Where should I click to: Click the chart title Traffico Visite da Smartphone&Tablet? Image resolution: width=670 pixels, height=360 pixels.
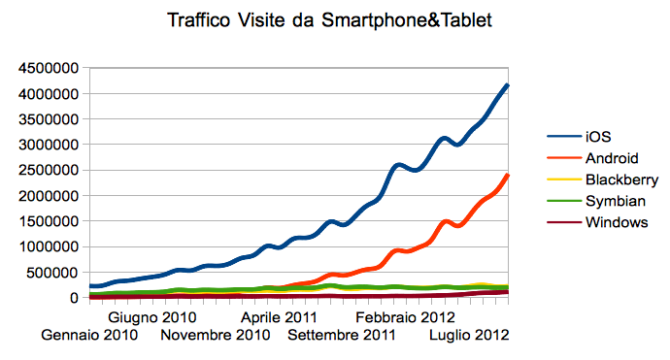tap(335, 19)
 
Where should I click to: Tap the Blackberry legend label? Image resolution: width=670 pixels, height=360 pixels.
tap(622, 180)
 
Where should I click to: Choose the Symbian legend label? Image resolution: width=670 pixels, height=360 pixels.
tap(615, 201)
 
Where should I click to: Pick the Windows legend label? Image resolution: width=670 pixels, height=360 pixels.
tap(617, 222)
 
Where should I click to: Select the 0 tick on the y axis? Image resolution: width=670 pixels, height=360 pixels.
tap(74, 298)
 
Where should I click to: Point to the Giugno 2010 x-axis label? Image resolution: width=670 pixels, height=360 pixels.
tap(152, 317)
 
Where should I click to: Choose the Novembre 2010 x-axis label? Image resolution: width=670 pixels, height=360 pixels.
tap(215, 336)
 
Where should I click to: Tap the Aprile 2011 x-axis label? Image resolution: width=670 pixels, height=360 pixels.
tap(279, 317)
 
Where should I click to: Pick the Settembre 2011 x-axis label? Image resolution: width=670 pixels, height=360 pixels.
tap(342, 336)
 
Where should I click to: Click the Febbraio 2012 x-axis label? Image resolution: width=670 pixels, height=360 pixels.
tap(405, 317)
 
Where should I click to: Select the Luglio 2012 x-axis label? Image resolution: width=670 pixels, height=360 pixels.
tap(469, 336)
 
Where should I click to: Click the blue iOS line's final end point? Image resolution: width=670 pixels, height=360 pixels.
tap(509, 85)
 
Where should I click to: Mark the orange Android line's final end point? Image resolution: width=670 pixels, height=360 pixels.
tap(509, 176)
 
